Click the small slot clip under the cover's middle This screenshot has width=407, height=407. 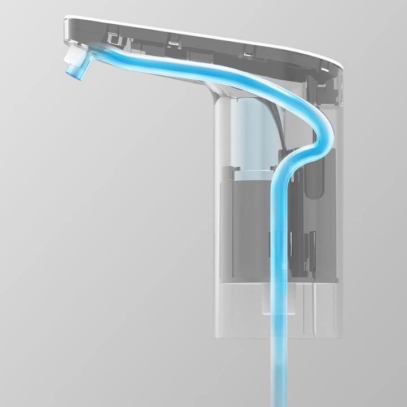coord(248,50)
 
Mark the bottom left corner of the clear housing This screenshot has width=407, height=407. coord(216,336)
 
